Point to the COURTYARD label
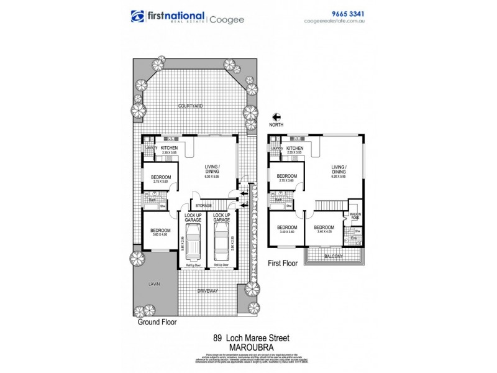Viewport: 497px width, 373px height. [x=189, y=106]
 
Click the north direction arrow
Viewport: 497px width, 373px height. [x=277, y=116]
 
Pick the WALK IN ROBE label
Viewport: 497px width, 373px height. [x=355, y=216]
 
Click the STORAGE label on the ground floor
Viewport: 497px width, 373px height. [x=203, y=205]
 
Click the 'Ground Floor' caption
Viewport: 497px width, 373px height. [x=157, y=323]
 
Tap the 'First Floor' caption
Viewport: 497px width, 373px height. [x=283, y=263]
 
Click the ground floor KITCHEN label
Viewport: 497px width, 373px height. [x=169, y=147]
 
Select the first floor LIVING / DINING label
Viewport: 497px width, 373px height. [x=339, y=169]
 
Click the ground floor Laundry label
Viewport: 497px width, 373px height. [x=150, y=147]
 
